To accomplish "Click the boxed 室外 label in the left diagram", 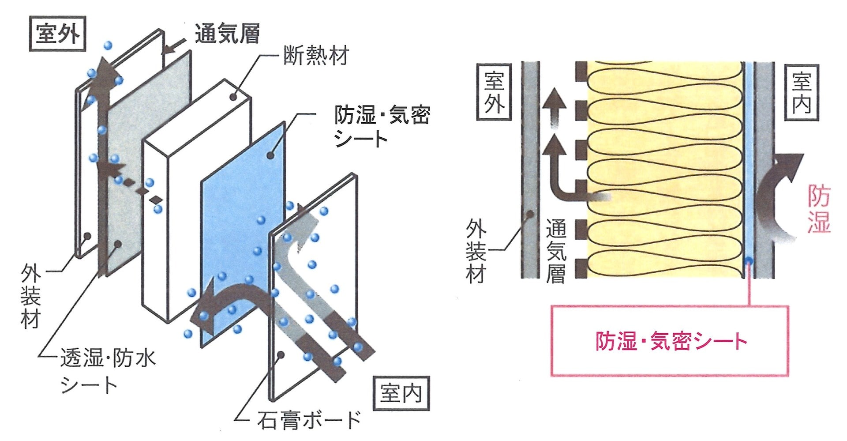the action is (x=57, y=34).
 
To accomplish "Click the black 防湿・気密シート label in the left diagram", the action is (x=382, y=127).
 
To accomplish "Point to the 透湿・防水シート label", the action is (x=108, y=371).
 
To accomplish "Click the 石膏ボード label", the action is (x=309, y=420).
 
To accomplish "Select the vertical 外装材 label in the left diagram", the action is (x=30, y=296).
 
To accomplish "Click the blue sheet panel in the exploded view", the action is (x=243, y=234).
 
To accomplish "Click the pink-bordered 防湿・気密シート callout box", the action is (x=670, y=340).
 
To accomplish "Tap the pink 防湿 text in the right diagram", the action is (x=819, y=208).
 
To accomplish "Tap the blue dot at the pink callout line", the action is (x=749, y=260).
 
